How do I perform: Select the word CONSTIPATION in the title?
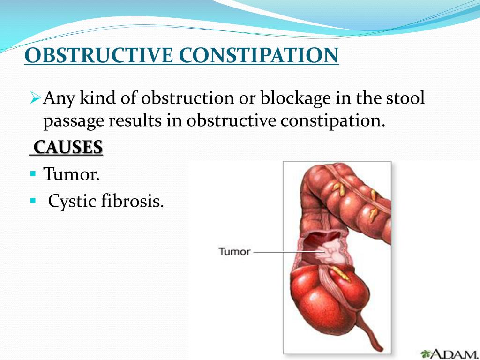tap(259, 56)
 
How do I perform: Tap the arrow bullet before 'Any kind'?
tap(36, 98)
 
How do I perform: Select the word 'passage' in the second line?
tap(74, 121)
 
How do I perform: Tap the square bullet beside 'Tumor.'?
tap(33, 174)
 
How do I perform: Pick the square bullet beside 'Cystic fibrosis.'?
tap(33, 200)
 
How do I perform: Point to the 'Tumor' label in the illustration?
tap(234, 251)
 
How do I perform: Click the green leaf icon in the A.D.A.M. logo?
tap(426, 353)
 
